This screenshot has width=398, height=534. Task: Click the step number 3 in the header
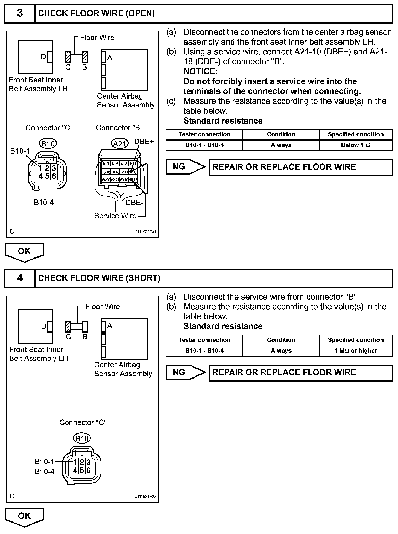tap(20, 13)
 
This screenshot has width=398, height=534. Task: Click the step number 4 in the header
tap(20, 278)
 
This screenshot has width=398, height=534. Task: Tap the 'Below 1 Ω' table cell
tap(356, 145)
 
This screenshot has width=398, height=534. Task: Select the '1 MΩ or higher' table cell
tap(356, 351)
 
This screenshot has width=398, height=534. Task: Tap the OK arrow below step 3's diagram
tap(24, 252)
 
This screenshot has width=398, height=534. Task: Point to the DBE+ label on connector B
tap(144, 142)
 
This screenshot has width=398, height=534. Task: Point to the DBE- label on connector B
tap(134, 203)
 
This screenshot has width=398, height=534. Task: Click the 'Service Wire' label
tap(115, 216)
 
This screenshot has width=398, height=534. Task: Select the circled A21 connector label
tap(119, 144)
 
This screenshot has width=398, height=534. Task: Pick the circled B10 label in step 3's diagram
tap(48, 144)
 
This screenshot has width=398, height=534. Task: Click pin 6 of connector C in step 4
tap(88, 470)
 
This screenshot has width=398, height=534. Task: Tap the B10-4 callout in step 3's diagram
tap(44, 203)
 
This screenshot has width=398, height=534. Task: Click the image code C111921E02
tap(145, 497)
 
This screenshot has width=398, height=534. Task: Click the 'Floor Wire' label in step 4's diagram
tap(103, 307)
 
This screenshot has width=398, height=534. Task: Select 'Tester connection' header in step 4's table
tap(204, 340)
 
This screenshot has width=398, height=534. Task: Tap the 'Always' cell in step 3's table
tap(281, 145)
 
